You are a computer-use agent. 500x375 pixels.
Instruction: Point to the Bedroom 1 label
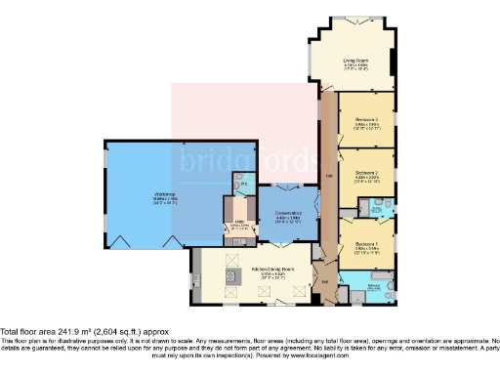pos(366,243)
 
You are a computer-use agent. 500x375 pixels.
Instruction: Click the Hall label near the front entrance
pos(325,282)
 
